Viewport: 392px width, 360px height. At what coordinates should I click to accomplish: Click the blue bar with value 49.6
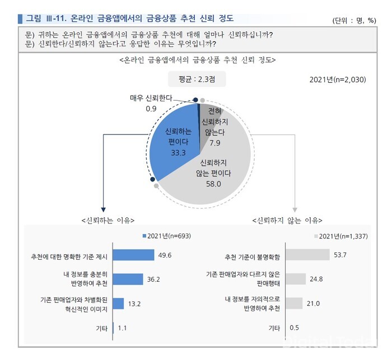tap(134, 255)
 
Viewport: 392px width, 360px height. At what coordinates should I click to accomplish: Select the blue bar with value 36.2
tap(128, 279)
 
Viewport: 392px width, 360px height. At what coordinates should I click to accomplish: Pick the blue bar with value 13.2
tap(118, 303)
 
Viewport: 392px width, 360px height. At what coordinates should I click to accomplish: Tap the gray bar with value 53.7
tap(307, 255)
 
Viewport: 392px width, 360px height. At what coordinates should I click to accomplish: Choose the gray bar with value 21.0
tap(295, 303)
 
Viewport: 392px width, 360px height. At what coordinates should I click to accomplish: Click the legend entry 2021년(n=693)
tap(167, 236)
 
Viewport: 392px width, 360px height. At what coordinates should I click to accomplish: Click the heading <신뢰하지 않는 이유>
tap(287, 219)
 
